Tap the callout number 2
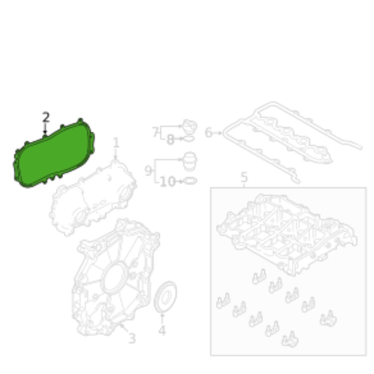click(46, 117)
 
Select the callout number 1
click(116, 143)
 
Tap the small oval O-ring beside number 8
click(189, 139)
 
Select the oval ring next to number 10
click(190, 181)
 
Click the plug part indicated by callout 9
click(190, 161)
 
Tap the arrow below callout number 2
click(45, 128)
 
